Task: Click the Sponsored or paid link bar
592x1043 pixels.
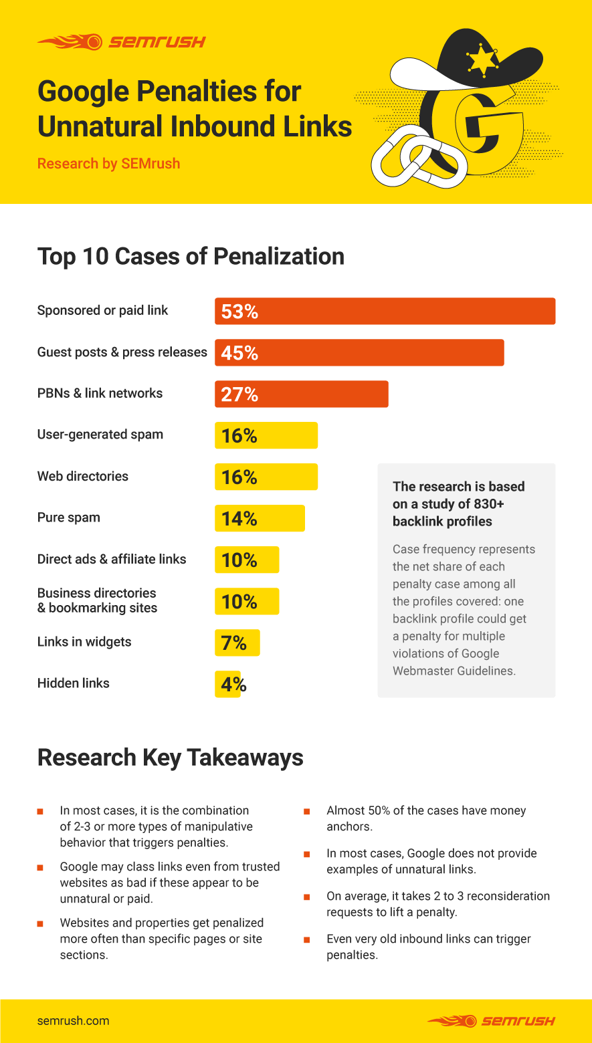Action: click(x=385, y=311)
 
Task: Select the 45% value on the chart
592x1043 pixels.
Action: click(x=239, y=353)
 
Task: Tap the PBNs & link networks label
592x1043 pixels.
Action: click(x=100, y=393)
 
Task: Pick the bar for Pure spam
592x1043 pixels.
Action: click(x=260, y=518)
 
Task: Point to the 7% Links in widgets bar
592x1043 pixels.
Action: click(x=237, y=643)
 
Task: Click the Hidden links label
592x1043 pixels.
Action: click(x=74, y=683)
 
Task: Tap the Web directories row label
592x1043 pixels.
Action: click(x=83, y=476)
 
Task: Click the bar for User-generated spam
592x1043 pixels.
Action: click(x=266, y=435)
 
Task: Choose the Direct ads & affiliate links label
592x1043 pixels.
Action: click(x=112, y=559)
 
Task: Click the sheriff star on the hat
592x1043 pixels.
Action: click(x=482, y=61)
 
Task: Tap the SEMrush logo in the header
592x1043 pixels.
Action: click(x=121, y=42)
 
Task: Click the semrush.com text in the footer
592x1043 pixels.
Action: click(x=73, y=1021)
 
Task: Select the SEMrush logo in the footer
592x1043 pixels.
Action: click(x=491, y=1021)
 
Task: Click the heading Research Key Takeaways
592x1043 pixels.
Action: click(x=171, y=758)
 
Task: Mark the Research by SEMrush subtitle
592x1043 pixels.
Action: click(x=108, y=164)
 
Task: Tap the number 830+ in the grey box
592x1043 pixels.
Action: click(x=487, y=504)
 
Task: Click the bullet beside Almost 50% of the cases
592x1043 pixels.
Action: click(x=307, y=811)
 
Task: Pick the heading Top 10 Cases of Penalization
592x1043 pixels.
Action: click(x=191, y=257)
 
